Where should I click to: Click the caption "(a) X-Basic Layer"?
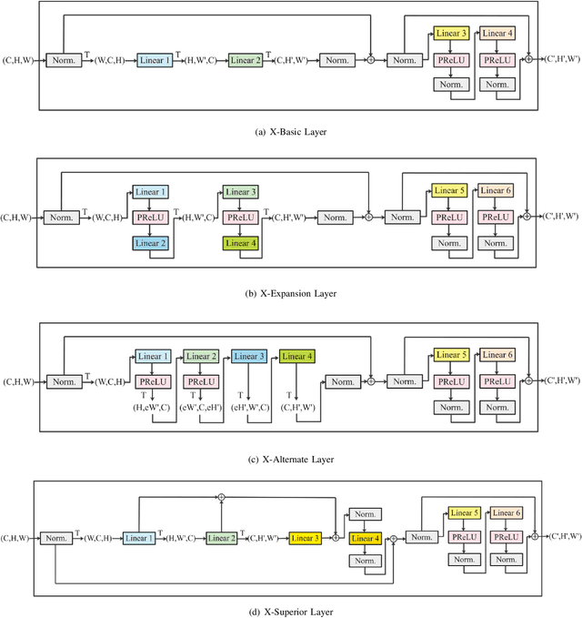[x=290, y=132]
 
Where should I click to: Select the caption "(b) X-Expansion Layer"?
[x=290, y=293]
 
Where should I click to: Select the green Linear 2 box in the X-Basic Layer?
[x=244, y=60]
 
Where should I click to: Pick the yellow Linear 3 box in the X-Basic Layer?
[x=451, y=34]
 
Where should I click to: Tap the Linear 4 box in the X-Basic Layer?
[x=497, y=34]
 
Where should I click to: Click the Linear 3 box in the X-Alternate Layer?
[x=248, y=355]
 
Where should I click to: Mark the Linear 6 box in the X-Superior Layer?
[x=507, y=513]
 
